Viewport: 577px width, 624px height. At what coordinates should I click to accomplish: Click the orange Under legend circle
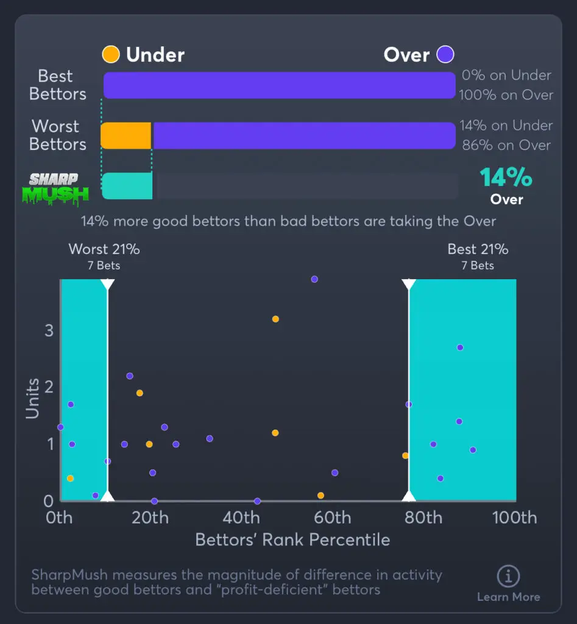pyautogui.click(x=111, y=55)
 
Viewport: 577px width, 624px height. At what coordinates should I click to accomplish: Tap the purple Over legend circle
pyautogui.click(x=445, y=55)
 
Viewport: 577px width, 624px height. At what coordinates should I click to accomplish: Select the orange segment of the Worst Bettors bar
pyautogui.click(x=126, y=135)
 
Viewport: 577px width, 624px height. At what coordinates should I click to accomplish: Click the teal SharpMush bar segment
pyautogui.click(x=127, y=186)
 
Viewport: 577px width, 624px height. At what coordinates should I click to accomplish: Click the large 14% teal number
pyautogui.click(x=506, y=178)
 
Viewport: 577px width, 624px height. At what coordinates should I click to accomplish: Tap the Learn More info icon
pyautogui.click(x=508, y=576)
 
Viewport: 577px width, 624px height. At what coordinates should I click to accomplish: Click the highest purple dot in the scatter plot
pyautogui.click(x=314, y=279)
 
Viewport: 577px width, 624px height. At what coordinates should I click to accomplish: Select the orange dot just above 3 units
pyautogui.click(x=275, y=319)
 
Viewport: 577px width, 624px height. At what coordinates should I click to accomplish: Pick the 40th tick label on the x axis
pyautogui.click(x=241, y=518)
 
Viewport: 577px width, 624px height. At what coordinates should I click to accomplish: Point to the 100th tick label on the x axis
pyautogui.click(x=515, y=518)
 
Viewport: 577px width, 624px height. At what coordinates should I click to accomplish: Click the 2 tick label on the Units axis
pyautogui.click(x=49, y=388)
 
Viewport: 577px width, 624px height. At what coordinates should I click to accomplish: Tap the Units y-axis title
pyautogui.click(x=32, y=399)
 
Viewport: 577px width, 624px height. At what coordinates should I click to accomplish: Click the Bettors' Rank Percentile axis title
pyautogui.click(x=292, y=540)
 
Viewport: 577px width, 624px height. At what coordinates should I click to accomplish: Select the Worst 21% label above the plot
pyautogui.click(x=104, y=249)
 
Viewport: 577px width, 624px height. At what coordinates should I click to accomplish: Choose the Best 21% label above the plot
pyautogui.click(x=478, y=249)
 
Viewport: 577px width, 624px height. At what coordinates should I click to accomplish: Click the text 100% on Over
pyautogui.click(x=506, y=95)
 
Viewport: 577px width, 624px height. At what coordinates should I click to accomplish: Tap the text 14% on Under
pyautogui.click(x=506, y=126)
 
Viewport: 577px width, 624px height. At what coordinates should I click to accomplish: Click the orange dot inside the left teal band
pyautogui.click(x=70, y=478)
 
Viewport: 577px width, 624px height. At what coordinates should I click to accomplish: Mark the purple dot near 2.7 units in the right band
pyautogui.click(x=460, y=347)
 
